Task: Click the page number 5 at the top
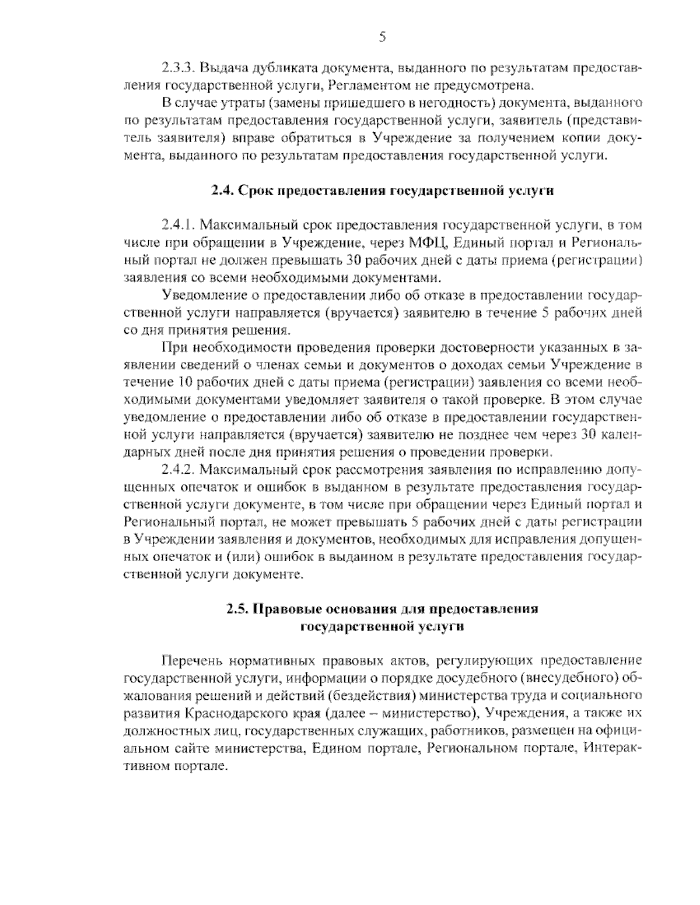(382, 37)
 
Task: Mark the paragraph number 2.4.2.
(178, 470)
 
